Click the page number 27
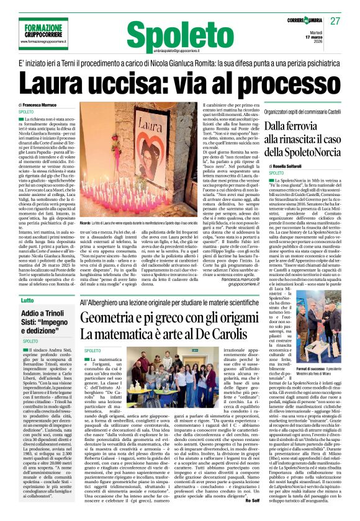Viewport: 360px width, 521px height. point(336,21)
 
